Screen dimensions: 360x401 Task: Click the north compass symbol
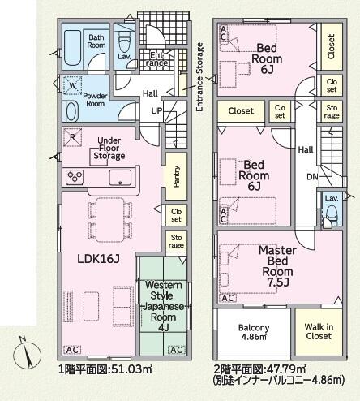pos(27,354)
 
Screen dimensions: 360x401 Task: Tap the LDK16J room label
pos(98,259)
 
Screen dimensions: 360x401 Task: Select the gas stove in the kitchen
pos(75,176)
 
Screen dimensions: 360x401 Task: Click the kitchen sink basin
pos(120,177)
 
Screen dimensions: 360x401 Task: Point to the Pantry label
pos(176,176)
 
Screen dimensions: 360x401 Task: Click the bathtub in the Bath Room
pos(72,48)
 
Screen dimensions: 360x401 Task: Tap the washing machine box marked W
pos(72,85)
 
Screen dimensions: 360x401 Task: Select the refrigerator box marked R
pos(72,137)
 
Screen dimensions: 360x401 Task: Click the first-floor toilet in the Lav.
pos(124,43)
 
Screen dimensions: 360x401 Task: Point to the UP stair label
pos(156,110)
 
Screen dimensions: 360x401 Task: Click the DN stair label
pos(312,177)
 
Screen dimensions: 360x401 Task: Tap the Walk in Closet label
pos(319,331)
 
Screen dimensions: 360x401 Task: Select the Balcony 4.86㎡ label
pos(254,332)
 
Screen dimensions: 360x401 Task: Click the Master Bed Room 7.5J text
pos(277,266)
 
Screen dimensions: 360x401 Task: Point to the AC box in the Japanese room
pos(177,350)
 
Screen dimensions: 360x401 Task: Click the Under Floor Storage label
pos(109,148)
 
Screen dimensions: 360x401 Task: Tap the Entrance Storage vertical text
pos(199,77)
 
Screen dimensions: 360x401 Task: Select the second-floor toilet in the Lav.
pos(332,214)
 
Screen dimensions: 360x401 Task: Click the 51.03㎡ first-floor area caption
pos(131,369)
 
